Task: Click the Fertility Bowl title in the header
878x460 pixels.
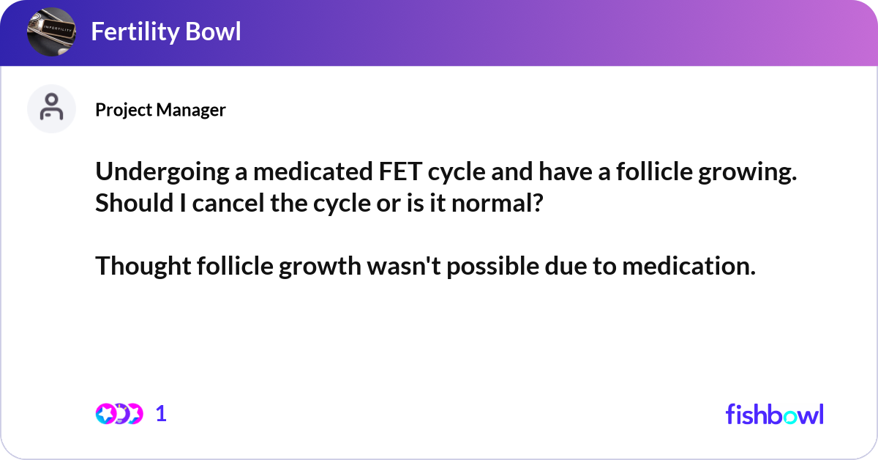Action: point(165,31)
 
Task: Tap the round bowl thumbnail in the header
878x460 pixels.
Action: point(51,32)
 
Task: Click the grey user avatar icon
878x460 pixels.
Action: point(51,108)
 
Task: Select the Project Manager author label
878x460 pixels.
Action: point(160,110)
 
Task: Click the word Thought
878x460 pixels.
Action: point(143,267)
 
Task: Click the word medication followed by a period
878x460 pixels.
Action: point(688,267)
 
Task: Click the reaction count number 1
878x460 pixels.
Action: point(161,414)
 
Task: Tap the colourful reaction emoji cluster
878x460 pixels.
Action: point(118,414)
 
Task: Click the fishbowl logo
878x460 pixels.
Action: point(774,414)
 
